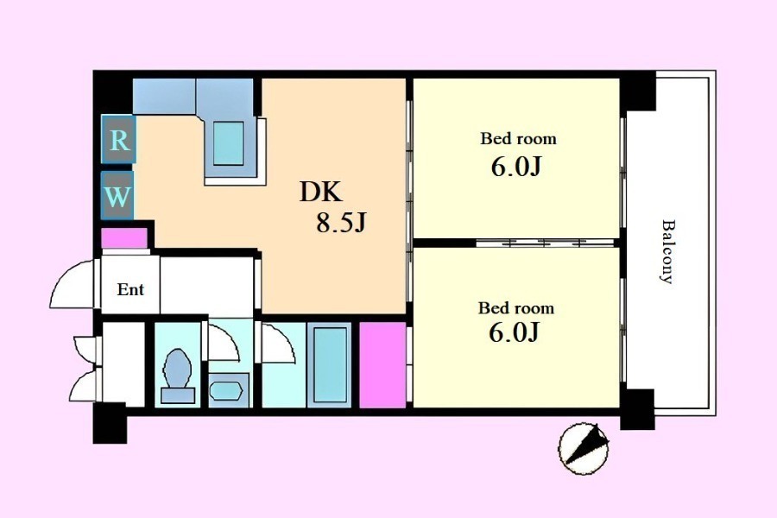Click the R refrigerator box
(118, 139)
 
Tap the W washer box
(117, 195)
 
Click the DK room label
(320, 193)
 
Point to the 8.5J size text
(341, 223)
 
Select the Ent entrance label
(130, 289)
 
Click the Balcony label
(668, 251)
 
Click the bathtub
(329, 365)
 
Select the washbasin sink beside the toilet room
(227, 390)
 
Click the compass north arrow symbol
(584, 448)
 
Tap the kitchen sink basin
(229, 143)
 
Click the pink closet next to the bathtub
(382, 365)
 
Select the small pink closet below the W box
(123, 238)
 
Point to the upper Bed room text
(518, 138)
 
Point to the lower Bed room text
(516, 308)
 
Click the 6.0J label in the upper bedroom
(516, 167)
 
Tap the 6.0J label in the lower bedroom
(514, 332)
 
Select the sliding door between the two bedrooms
(545, 243)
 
